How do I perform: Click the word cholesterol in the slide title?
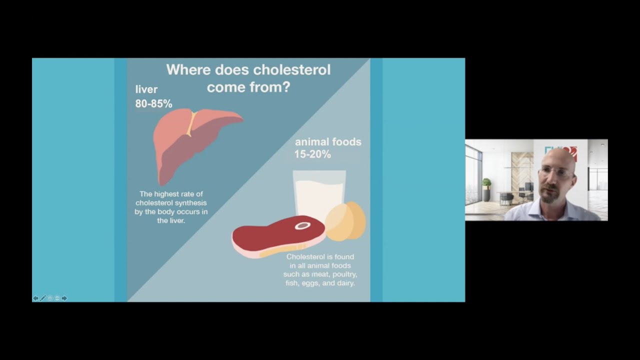[x=292, y=69]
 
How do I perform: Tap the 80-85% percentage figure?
[x=153, y=103]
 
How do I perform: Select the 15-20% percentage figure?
[x=312, y=154]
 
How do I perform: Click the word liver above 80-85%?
[x=146, y=89]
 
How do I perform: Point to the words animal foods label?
[x=328, y=142]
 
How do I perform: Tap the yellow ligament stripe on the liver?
[x=190, y=123]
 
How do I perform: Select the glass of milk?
[x=319, y=192]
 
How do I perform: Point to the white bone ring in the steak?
[x=302, y=226]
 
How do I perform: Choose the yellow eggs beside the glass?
[x=346, y=220]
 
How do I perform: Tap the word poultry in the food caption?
[x=342, y=274]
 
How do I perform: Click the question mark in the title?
[x=285, y=87]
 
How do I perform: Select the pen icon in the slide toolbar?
[x=43, y=298]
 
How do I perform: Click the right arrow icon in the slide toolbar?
[x=64, y=298]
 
